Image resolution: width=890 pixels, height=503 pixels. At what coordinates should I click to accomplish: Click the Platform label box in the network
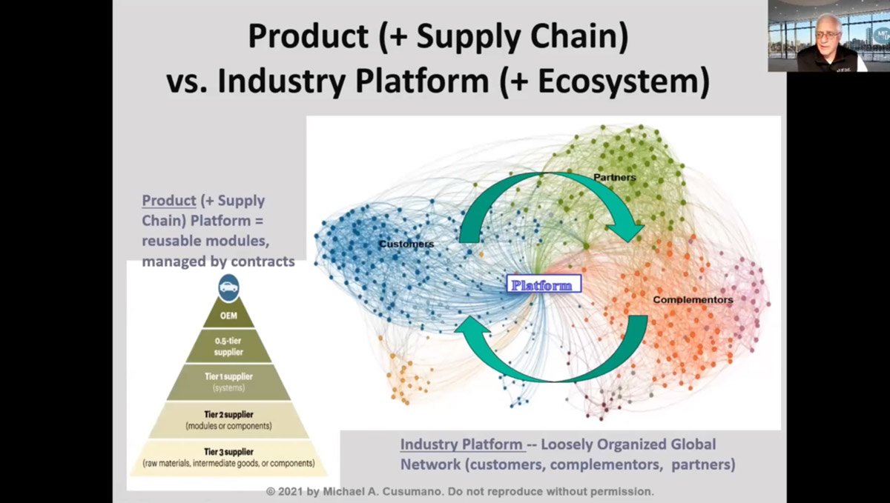pyautogui.click(x=544, y=284)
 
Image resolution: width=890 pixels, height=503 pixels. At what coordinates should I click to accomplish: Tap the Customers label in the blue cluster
pyautogui.click(x=406, y=244)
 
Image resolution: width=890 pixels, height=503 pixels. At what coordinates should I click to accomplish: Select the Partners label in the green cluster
pyautogui.click(x=616, y=177)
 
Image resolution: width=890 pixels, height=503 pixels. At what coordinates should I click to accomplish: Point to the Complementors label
pyautogui.click(x=693, y=300)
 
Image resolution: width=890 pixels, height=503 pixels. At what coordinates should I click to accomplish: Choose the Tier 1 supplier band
pyautogui.click(x=228, y=382)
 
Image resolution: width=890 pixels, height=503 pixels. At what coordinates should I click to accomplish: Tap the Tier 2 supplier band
pyautogui.click(x=228, y=421)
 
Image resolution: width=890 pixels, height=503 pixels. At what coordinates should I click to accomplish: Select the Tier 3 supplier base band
pyautogui.click(x=228, y=457)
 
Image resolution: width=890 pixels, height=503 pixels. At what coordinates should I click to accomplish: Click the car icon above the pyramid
pyautogui.click(x=228, y=286)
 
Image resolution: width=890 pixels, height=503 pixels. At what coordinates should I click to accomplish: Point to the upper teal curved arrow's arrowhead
pyautogui.click(x=629, y=228)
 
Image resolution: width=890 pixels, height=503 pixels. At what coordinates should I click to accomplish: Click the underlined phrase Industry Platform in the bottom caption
pyautogui.click(x=461, y=444)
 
